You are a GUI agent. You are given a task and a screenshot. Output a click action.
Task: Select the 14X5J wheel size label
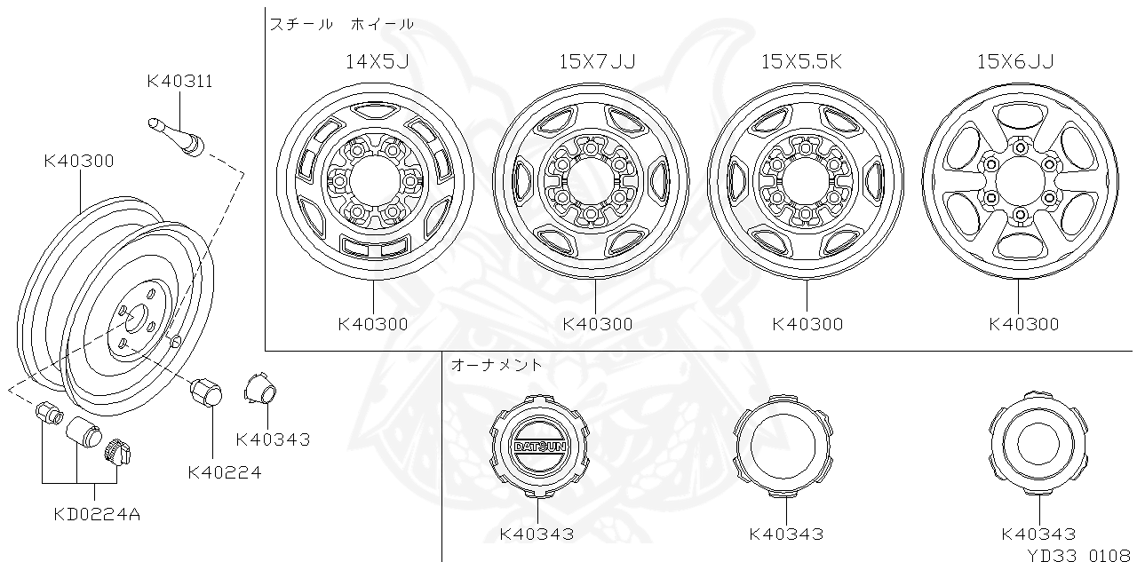[377, 61]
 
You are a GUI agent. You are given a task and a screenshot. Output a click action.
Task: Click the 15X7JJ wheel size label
[597, 61]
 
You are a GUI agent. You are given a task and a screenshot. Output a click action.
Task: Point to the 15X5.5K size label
[801, 61]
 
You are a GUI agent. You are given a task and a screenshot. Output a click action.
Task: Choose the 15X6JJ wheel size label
[1015, 61]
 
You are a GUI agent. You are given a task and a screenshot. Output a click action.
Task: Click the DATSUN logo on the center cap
[539, 447]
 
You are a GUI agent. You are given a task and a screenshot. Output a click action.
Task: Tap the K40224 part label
[225, 473]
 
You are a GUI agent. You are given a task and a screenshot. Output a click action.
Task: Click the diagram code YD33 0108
[1078, 554]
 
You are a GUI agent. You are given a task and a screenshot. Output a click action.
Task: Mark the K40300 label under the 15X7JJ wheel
[598, 324]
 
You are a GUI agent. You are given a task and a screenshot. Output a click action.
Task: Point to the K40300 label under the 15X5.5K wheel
[807, 324]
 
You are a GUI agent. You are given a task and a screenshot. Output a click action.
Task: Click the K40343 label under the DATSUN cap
[537, 534]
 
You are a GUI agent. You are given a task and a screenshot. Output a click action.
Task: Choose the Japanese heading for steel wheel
[342, 25]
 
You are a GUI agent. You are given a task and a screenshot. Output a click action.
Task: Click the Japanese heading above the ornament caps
[497, 365]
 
